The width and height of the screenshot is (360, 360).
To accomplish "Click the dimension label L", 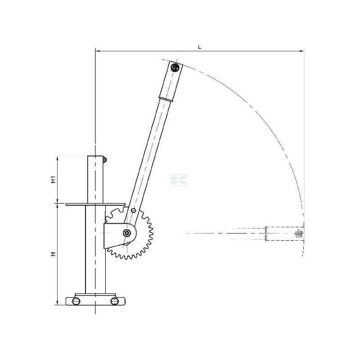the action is tap(199, 47).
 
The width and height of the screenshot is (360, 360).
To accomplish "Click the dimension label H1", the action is tap(53, 180).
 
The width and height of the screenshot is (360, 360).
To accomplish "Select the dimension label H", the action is tap(53, 254).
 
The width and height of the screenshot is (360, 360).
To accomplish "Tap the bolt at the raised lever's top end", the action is tap(175, 68).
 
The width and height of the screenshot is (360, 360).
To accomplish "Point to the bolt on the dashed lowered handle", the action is tap(299, 234).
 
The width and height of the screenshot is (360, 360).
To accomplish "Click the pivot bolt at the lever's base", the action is tap(126, 233).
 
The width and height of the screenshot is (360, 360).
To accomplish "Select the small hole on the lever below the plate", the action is tap(133, 210).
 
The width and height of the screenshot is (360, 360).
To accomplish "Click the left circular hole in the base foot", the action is tap(76, 301).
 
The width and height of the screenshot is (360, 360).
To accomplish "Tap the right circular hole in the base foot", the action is tap(115, 301).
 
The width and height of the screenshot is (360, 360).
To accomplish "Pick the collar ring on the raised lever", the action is tap(166, 99).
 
